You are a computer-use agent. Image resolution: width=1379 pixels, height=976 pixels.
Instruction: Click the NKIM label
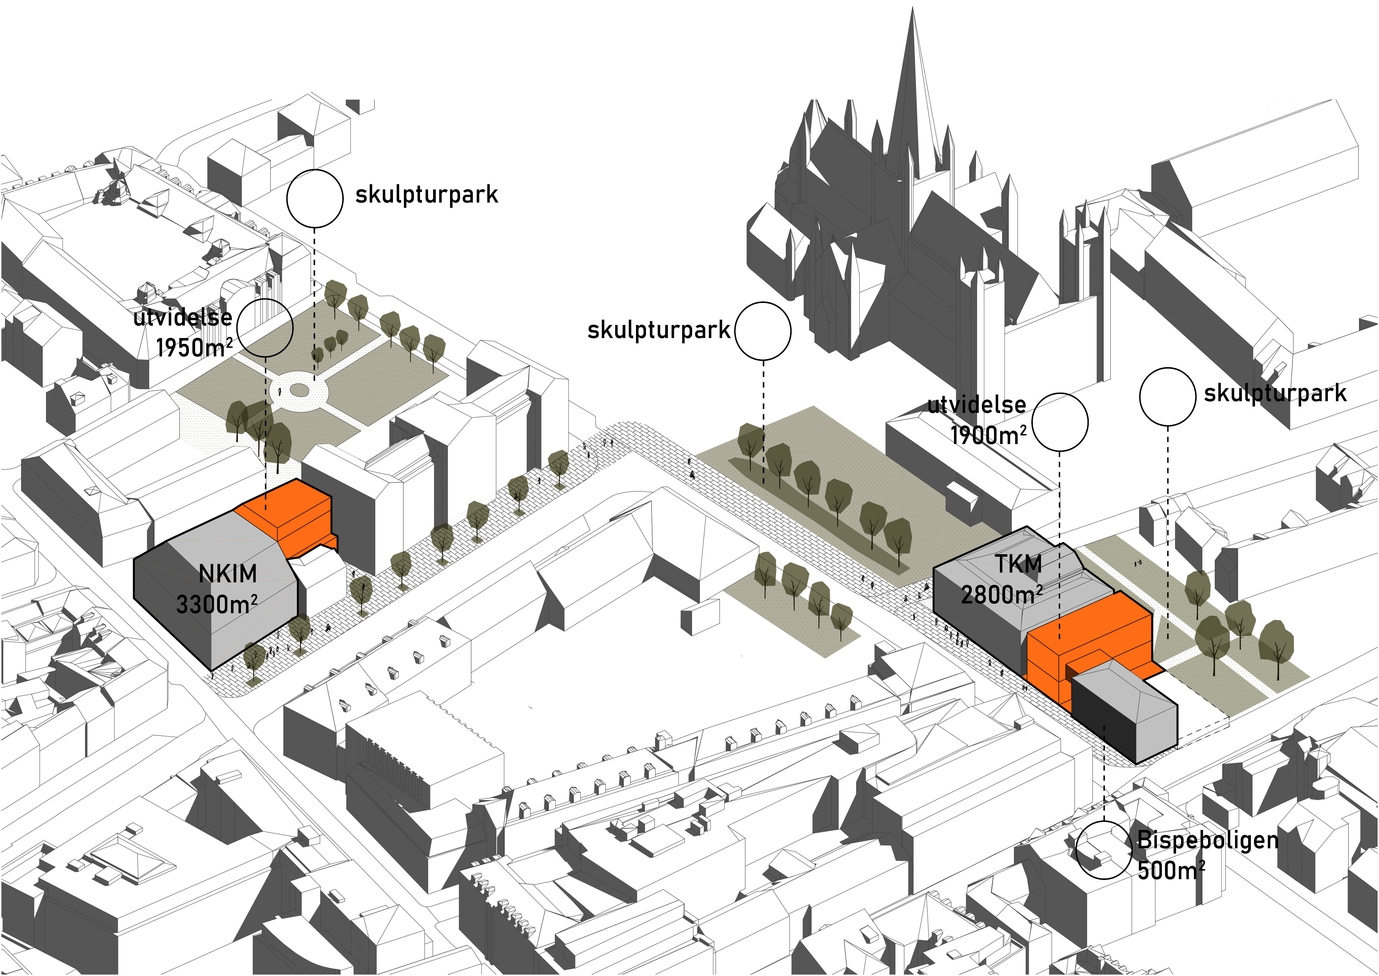click(228, 574)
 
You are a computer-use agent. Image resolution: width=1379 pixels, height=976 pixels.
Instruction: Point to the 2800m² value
click(1001, 594)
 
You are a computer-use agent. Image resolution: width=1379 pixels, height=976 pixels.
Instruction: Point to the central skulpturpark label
click(658, 330)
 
